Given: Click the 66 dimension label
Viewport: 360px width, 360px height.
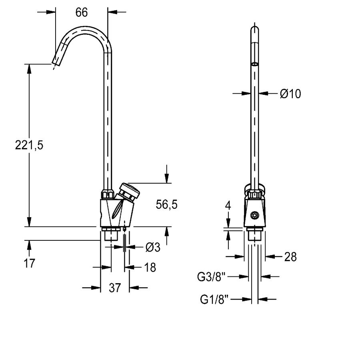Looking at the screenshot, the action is [x=82, y=12].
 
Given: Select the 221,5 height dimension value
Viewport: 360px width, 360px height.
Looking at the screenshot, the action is [x=29, y=145].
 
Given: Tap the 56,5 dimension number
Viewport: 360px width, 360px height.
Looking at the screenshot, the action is [x=167, y=204].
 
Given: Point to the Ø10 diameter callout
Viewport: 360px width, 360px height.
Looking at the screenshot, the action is [x=290, y=94].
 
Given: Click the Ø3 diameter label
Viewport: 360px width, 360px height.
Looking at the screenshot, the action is [x=153, y=247].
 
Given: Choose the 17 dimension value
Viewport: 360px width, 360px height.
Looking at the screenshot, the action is [x=29, y=263].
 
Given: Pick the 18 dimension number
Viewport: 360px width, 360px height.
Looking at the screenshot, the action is [x=150, y=268].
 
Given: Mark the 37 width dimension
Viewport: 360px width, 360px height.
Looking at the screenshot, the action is [x=115, y=288].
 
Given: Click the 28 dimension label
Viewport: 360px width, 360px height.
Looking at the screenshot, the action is [x=290, y=257].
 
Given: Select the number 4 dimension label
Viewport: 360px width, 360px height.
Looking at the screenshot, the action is [x=228, y=206].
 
